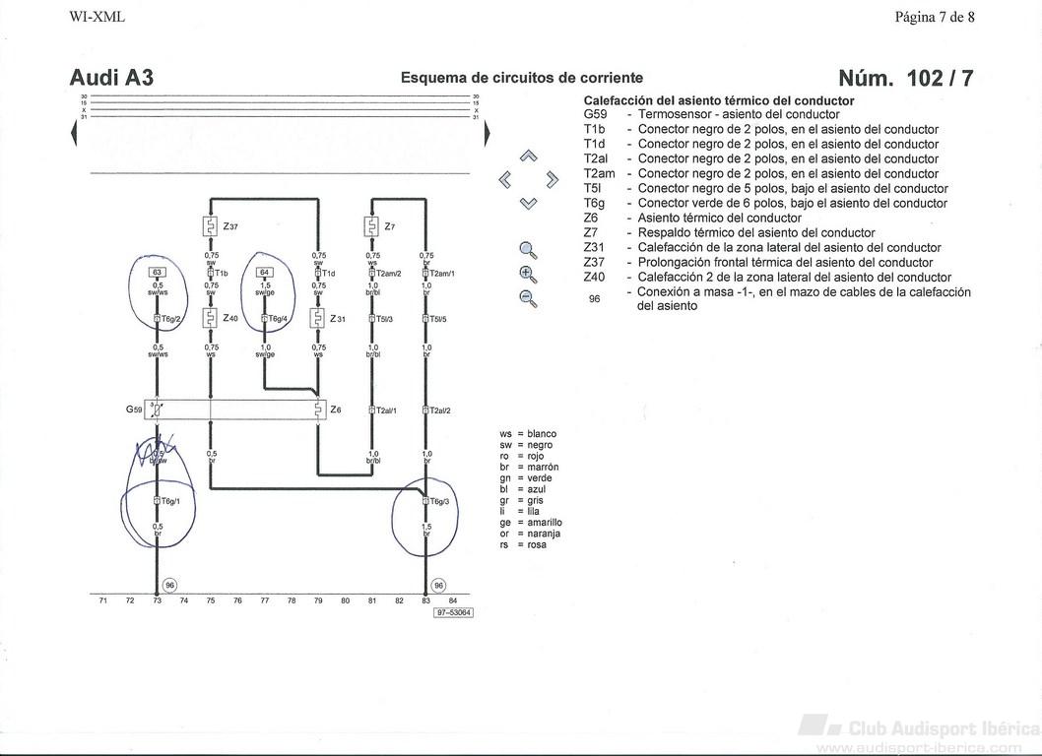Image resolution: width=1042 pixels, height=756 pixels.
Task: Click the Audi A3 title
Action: [111, 79]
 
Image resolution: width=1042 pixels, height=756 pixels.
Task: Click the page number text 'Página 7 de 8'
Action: [935, 16]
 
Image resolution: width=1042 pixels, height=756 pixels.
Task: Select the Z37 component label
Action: [230, 226]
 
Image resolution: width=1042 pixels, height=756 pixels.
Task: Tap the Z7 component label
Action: [390, 226]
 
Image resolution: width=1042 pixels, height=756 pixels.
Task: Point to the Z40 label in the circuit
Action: [230, 318]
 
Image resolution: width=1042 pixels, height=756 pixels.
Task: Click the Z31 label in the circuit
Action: [337, 318]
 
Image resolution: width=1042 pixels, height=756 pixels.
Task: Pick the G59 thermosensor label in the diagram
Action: [135, 409]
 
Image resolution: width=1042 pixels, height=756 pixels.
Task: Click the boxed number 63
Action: [157, 272]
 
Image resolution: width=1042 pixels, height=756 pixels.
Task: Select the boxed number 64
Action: [264, 272]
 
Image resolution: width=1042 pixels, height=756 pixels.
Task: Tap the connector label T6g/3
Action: [439, 501]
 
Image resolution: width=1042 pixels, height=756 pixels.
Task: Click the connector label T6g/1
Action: [171, 501]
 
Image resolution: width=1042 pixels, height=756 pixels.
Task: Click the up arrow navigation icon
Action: [529, 156]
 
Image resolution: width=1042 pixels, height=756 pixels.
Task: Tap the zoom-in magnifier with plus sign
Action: [528, 274]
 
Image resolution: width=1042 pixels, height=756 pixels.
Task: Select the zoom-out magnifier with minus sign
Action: [528, 298]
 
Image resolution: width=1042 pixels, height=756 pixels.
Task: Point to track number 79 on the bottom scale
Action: [318, 599]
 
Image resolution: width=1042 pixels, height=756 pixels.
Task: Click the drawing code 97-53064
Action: [453, 612]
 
